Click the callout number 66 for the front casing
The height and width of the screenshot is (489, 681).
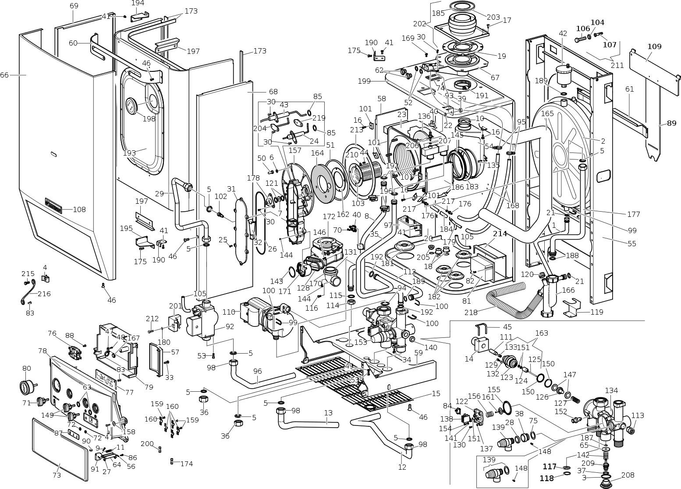tap(4, 75)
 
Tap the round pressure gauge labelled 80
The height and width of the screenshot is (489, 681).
tap(27, 387)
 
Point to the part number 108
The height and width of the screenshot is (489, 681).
tap(79, 209)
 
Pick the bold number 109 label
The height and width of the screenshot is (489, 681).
tap(654, 46)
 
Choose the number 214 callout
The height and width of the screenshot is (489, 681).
tap(500, 234)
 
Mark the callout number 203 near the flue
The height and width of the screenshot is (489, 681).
tap(493, 17)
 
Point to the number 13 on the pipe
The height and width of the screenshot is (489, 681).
tap(328, 413)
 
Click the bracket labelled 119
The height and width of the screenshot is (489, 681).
tap(572, 307)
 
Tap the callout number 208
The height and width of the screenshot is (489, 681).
tap(628, 475)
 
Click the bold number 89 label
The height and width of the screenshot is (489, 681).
tap(671, 123)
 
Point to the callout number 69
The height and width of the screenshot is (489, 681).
tap(74, 6)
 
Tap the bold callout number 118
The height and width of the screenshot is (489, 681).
tap(546, 478)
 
